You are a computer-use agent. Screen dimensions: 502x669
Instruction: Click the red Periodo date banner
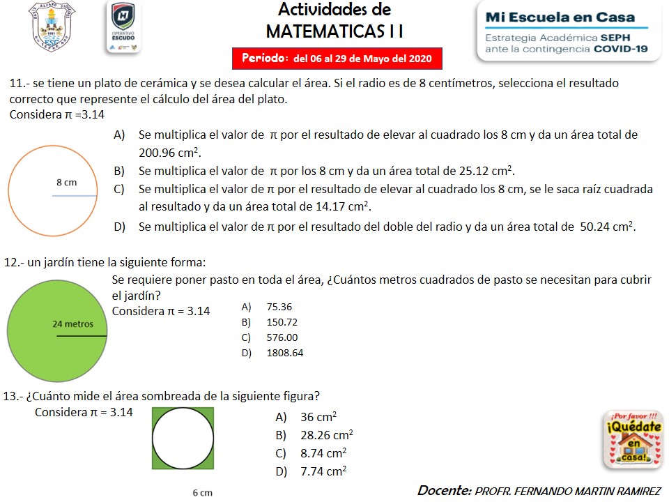click(x=337, y=58)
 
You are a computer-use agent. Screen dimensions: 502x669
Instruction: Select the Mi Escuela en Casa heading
click(x=560, y=17)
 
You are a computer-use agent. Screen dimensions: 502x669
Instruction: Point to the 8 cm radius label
click(x=66, y=183)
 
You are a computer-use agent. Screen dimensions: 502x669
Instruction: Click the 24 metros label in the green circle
click(x=73, y=324)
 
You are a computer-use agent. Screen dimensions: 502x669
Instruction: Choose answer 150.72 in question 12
click(x=282, y=322)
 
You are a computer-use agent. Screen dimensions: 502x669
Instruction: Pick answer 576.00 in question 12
click(x=282, y=337)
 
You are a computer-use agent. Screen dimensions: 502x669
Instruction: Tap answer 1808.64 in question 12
click(x=284, y=353)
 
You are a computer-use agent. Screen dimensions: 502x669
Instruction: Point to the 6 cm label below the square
click(x=202, y=493)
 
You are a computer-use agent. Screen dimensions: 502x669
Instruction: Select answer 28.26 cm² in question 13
click(x=326, y=435)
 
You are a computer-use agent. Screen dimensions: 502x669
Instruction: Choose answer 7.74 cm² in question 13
click(x=323, y=471)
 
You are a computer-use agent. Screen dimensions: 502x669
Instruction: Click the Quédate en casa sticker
click(x=632, y=439)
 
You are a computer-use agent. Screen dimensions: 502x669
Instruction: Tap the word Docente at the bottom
click(x=444, y=490)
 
